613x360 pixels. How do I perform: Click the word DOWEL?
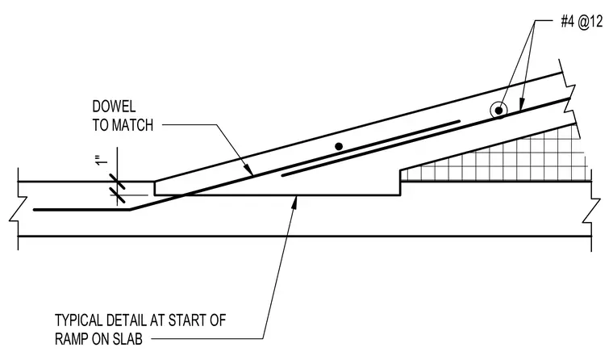(115, 107)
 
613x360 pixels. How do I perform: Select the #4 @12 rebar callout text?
(582, 22)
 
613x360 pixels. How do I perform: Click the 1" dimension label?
(102, 161)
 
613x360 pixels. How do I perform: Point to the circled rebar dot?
(498, 111)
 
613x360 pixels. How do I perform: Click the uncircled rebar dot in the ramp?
(339, 146)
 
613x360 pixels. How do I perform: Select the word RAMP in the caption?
(72, 339)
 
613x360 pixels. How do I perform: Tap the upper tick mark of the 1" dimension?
(117, 182)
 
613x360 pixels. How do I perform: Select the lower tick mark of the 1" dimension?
(117, 195)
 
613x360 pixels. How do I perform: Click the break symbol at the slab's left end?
(18, 209)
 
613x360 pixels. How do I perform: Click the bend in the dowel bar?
(130, 210)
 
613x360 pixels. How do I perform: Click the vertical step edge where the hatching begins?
(400, 182)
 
